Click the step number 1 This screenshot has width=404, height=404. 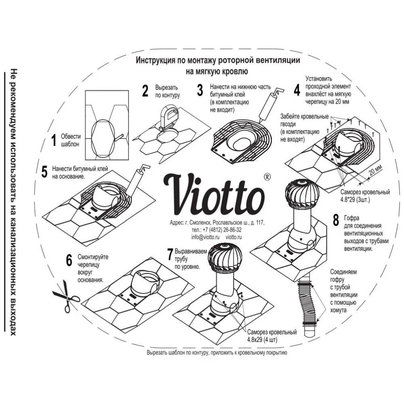(53, 141)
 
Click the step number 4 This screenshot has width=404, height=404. (297, 90)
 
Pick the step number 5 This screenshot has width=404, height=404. (44, 171)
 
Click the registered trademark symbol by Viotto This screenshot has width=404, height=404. (267, 177)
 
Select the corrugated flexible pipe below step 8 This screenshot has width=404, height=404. (309, 303)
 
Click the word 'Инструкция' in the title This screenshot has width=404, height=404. (155, 61)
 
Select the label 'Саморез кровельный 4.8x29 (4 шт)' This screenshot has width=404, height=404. (272, 335)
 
